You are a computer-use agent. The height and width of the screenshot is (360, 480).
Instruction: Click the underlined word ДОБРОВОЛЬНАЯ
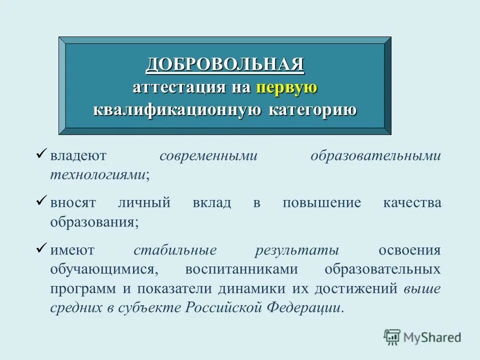click(225, 64)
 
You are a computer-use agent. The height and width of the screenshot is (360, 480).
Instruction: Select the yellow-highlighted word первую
click(287, 87)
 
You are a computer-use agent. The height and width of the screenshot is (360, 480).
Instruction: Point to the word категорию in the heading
click(313, 110)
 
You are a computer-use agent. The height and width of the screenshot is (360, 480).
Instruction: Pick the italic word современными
click(208, 155)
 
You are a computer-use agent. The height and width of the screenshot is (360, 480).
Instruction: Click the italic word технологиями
click(98, 174)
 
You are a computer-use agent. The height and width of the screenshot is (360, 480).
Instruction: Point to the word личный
click(144, 203)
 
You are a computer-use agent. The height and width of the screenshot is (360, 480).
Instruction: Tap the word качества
click(412, 203)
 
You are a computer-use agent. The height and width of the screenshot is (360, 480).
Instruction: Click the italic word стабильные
click(175, 250)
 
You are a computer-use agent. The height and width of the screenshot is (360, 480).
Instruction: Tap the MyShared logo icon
click(392, 337)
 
